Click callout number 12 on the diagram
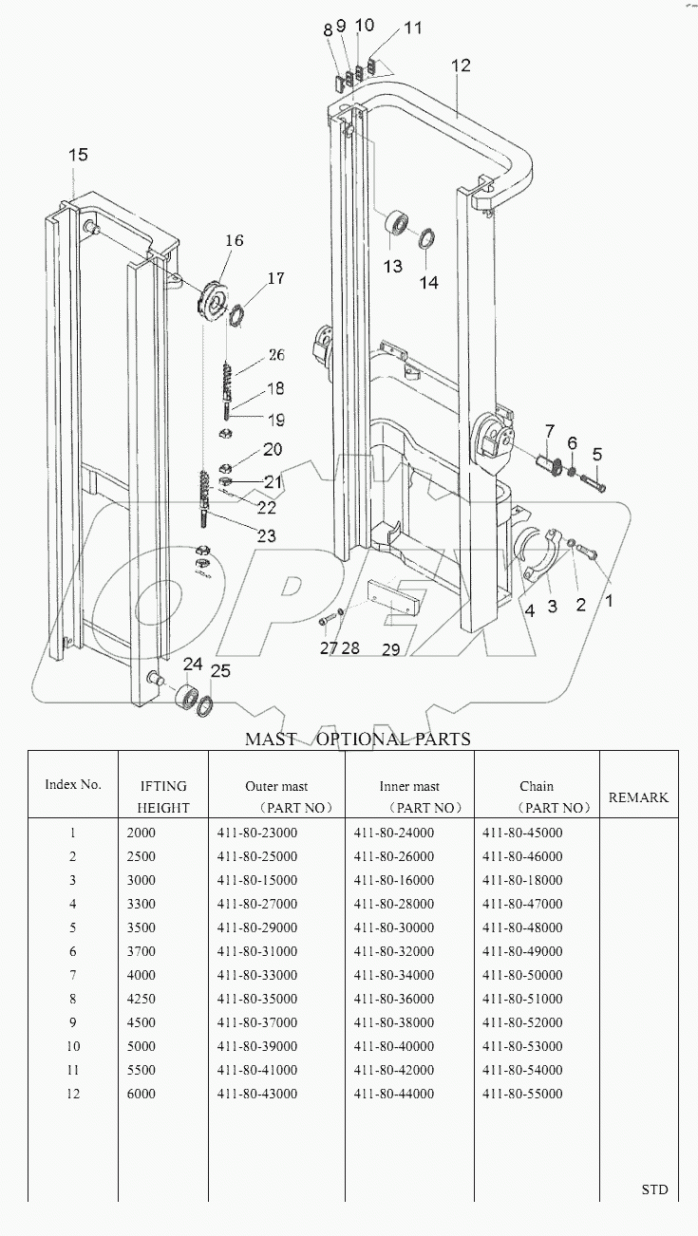[x=461, y=66]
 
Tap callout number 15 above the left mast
[x=78, y=154]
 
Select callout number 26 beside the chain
[x=275, y=355]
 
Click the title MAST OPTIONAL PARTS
[x=358, y=739]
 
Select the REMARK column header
[x=638, y=797]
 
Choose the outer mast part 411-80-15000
[x=257, y=880]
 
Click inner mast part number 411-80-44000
[x=394, y=1094]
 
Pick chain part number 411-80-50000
[x=522, y=975]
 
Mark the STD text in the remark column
[x=653, y=1189]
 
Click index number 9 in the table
[x=72, y=1022]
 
